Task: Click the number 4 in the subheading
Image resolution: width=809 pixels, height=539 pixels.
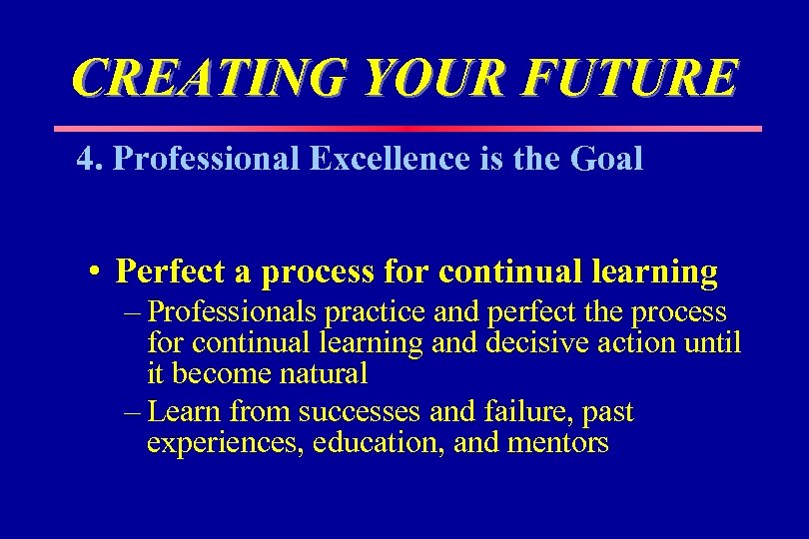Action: pos(85,159)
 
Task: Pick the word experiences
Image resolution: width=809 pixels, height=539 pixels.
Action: pos(225,443)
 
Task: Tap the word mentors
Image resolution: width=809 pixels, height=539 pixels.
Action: pos(558,443)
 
